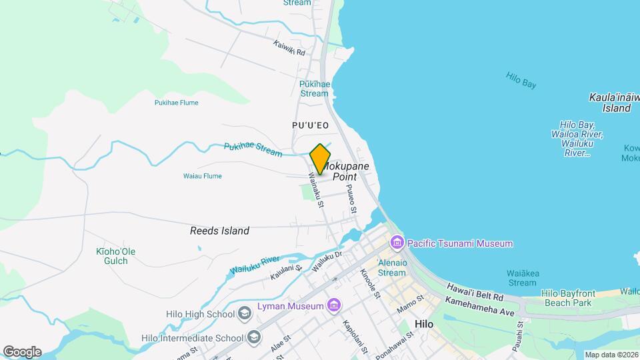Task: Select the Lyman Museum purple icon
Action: (334, 306)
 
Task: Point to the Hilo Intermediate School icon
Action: (253, 337)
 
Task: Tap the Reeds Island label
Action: (219, 231)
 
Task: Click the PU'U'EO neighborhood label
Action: (311, 125)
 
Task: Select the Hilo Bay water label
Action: (521, 80)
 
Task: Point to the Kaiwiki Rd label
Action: (289, 48)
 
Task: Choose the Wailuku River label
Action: (254, 264)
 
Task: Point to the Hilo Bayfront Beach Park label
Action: (567, 298)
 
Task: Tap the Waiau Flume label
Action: (202, 176)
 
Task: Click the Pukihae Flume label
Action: (176, 103)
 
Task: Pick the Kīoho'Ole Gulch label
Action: (116, 256)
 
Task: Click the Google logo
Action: (22, 351)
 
